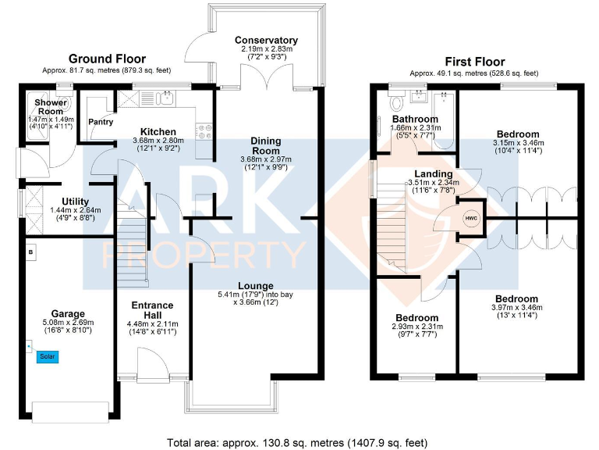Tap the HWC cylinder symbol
click(x=471, y=217)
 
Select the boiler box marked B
click(x=30, y=252)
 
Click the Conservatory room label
click(x=266, y=41)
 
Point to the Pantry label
click(x=101, y=122)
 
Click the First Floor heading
click(x=474, y=62)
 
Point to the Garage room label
click(x=67, y=314)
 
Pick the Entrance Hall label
click(x=152, y=309)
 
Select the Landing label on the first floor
click(x=433, y=174)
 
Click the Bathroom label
click(x=415, y=120)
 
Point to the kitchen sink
click(x=165, y=98)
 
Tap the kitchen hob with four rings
click(x=205, y=130)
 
